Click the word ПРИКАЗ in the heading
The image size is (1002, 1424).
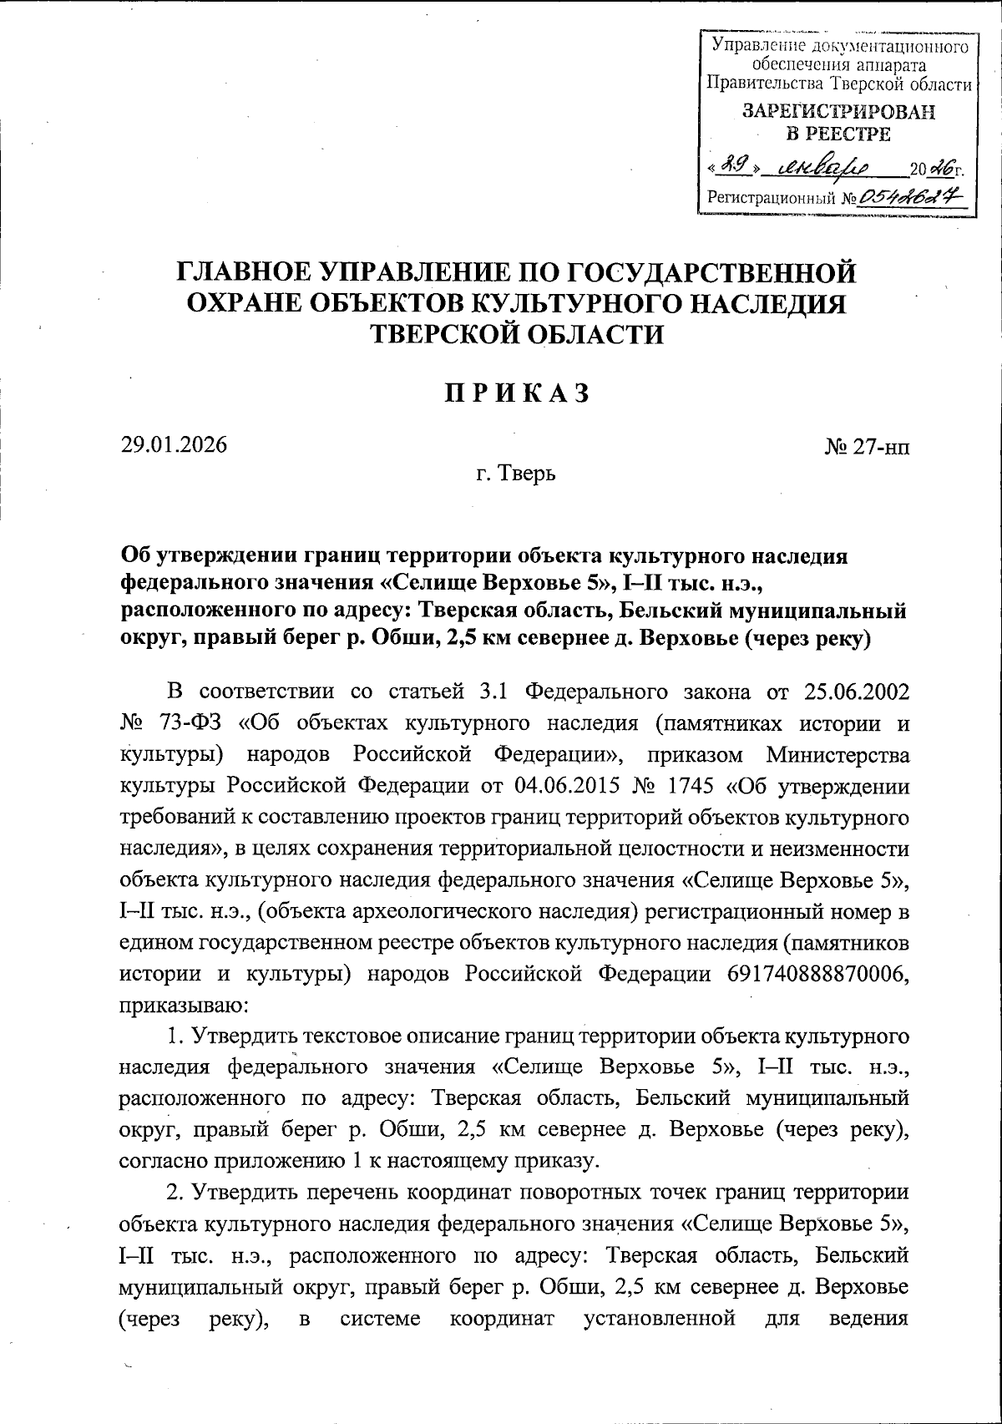(517, 393)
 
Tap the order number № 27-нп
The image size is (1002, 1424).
(867, 448)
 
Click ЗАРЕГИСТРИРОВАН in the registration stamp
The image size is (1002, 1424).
(838, 112)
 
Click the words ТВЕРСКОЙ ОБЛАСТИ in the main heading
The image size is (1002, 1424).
(517, 334)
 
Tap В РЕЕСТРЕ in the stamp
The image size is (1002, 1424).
(838, 134)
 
